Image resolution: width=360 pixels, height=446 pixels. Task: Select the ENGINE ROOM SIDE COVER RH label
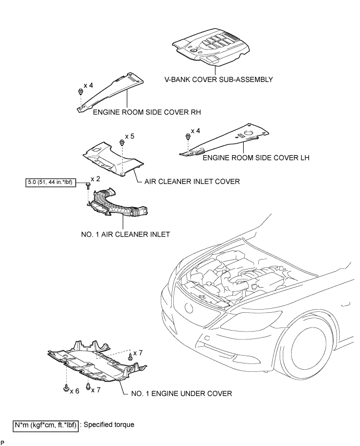(x=139, y=112)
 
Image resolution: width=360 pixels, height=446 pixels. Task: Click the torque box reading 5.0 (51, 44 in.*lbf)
(x=50, y=182)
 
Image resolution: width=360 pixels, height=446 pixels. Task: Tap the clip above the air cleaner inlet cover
(x=122, y=142)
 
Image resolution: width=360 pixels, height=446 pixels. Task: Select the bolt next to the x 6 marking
(x=66, y=388)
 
